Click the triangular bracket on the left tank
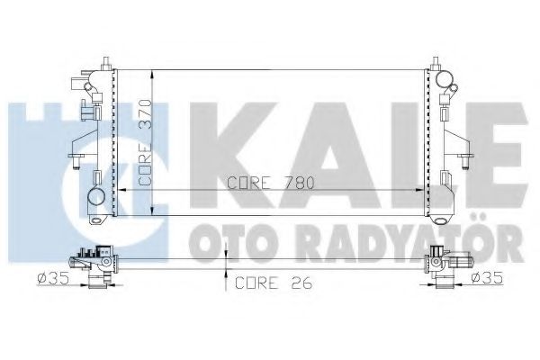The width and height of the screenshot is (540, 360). [x=81, y=135]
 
